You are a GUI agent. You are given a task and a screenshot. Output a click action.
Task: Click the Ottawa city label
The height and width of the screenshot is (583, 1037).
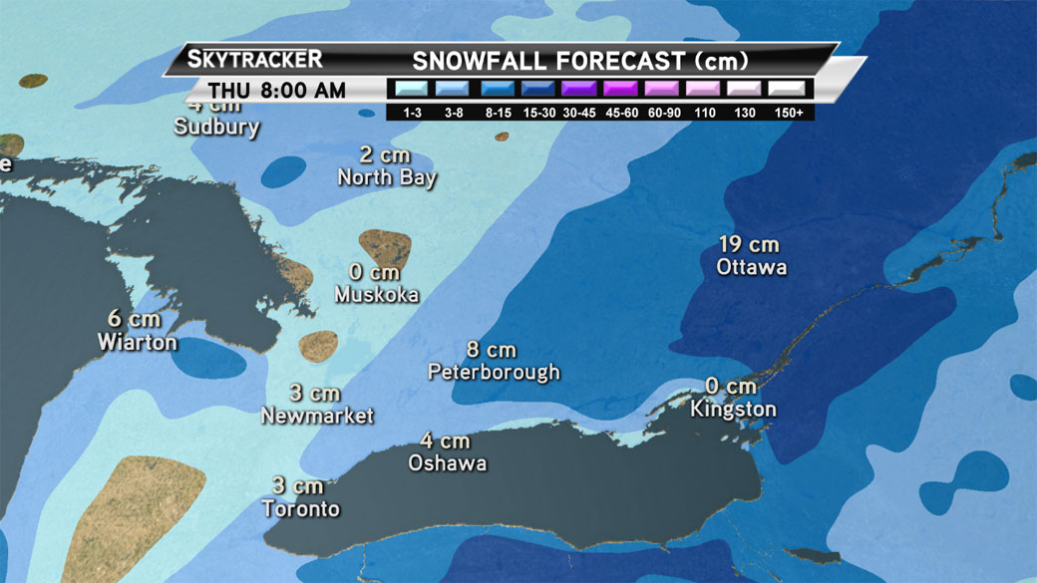pyautogui.click(x=751, y=267)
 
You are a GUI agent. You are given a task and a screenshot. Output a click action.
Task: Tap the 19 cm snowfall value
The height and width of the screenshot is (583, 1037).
pyautogui.click(x=748, y=244)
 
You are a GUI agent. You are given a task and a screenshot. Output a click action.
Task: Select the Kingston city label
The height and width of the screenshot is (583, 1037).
pyautogui.click(x=733, y=410)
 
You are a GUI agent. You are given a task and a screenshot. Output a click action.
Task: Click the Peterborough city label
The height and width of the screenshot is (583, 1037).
pyautogui.click(x=494, y=373)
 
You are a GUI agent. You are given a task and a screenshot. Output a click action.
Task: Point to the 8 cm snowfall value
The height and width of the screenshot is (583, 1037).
pyautogui.click(x=492, y=350)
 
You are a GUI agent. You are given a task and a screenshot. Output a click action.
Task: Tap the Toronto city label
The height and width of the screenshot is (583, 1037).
pyautogui.click(x=300, y=509)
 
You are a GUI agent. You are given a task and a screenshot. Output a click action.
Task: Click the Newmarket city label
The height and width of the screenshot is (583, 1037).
pyautogui.click(x=317, y=416)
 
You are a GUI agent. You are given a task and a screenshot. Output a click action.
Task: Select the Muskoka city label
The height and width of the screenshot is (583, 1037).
pyautogui.click(x=376, y=295)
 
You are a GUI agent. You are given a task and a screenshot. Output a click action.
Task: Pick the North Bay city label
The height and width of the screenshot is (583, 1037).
pyautogui.click(x=387, y=178)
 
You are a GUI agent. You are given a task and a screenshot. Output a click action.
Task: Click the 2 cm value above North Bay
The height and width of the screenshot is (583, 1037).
pyautogui.click(x=385, y=156)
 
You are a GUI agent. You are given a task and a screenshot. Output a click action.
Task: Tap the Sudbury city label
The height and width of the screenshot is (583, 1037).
pyautogui.click(x=216, y=128)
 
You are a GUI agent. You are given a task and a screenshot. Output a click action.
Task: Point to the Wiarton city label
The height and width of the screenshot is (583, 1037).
pyautogui.click(x=137, y=342)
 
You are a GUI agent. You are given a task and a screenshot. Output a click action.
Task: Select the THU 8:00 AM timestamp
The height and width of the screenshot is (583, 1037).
pyautogui.click(x=277, y=91)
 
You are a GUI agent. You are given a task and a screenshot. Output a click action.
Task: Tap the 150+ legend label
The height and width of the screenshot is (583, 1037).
pyautogui.click(x=788, y=113)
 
